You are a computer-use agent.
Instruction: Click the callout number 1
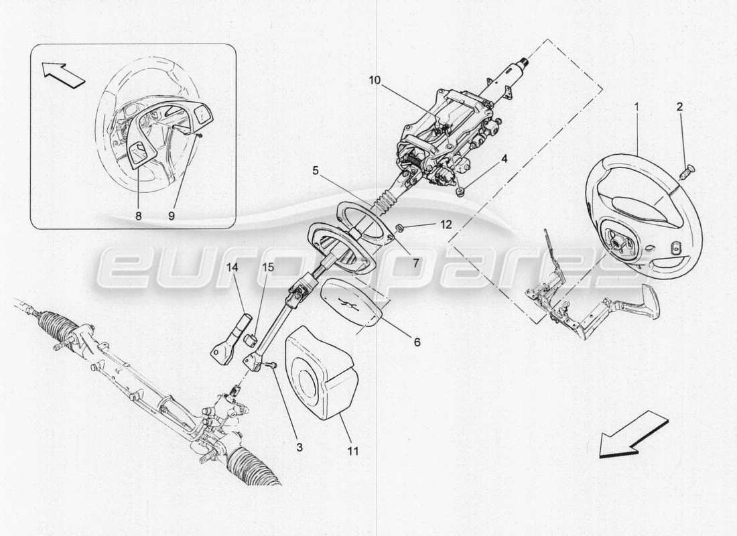click(x=636, y=106)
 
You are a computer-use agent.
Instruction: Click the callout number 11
click(x=353, y=451)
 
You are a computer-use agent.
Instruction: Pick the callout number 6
click(x=416, y=342)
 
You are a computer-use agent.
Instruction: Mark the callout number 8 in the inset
click(x=138, y=217)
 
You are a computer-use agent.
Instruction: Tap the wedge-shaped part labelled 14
click(x=228, y=338)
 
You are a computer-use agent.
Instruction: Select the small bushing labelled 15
click(x=253, y=337)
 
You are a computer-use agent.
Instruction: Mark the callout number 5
click(x=315, y=170)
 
